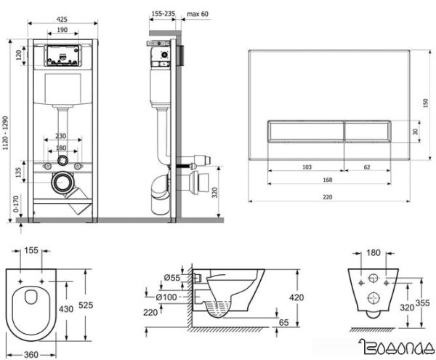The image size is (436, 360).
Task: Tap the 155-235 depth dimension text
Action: pyautogui.click(x=159, y=12)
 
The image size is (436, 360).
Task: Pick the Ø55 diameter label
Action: pyautogui.click(x=172, y=279)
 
